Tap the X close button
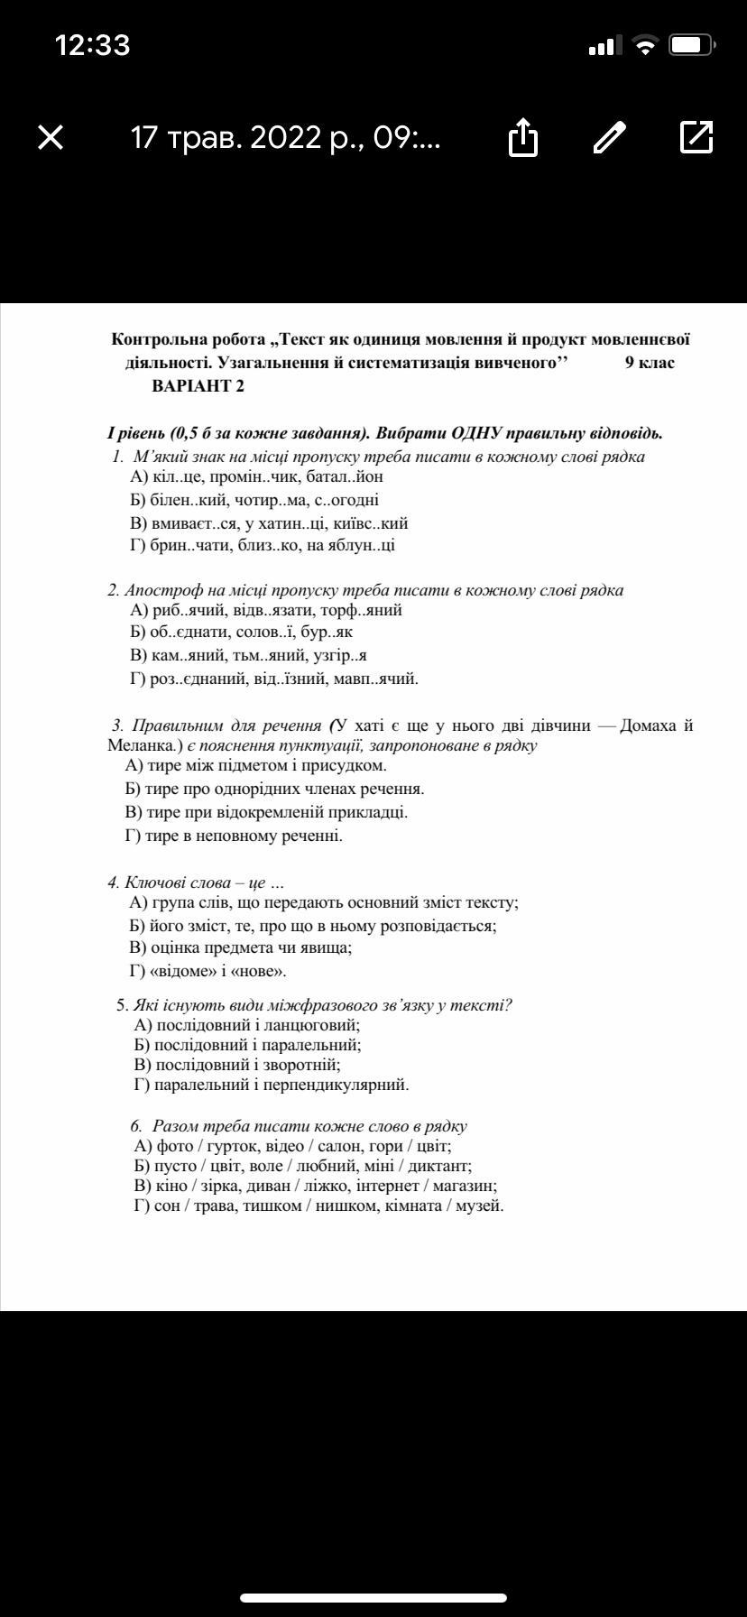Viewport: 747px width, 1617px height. [51, 137]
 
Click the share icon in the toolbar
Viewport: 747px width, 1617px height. [523, 138]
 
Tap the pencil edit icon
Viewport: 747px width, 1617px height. [610, 137]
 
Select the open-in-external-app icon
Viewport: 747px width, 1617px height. [696, 137]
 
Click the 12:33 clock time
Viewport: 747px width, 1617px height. [92, 45]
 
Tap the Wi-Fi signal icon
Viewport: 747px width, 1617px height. [644, 45]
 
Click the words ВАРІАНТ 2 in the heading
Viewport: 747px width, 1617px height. [198, 386]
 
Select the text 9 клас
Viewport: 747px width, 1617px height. [650, 363]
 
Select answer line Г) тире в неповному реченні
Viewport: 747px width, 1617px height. [234, 836]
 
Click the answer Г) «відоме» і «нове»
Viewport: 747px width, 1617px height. [208, 971]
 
